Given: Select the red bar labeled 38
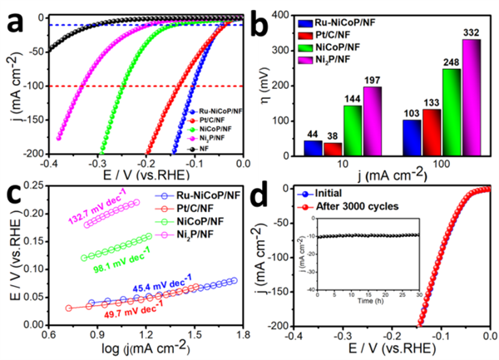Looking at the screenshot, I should pyautogui.click(x=330, y=149).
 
